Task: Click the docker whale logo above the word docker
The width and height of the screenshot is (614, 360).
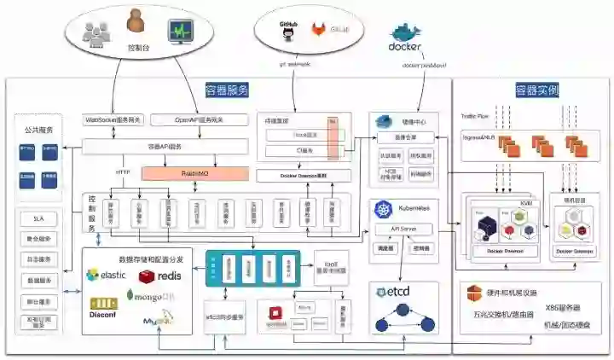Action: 405,33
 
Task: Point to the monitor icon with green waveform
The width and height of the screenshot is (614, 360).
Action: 182,33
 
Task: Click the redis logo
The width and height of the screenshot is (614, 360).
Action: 160,276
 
